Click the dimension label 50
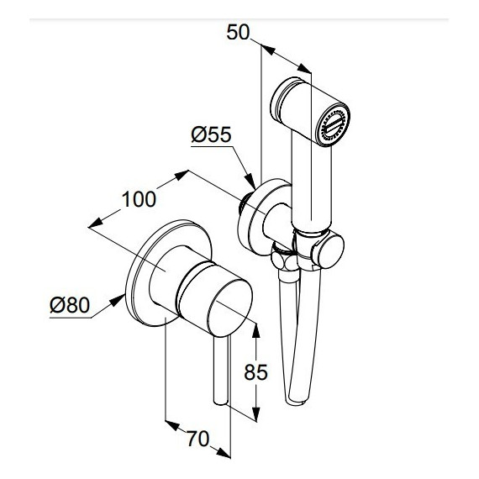tap(238, 32)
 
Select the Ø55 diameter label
tap(211, 134)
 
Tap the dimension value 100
tap(139, 199)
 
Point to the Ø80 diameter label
tap(70, 305)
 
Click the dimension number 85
tap(255, 371)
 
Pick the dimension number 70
tap(198, 439)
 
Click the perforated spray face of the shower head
tap(334, 125)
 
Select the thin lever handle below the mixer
tap(221, 370)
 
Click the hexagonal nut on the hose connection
tap(284, 258)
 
